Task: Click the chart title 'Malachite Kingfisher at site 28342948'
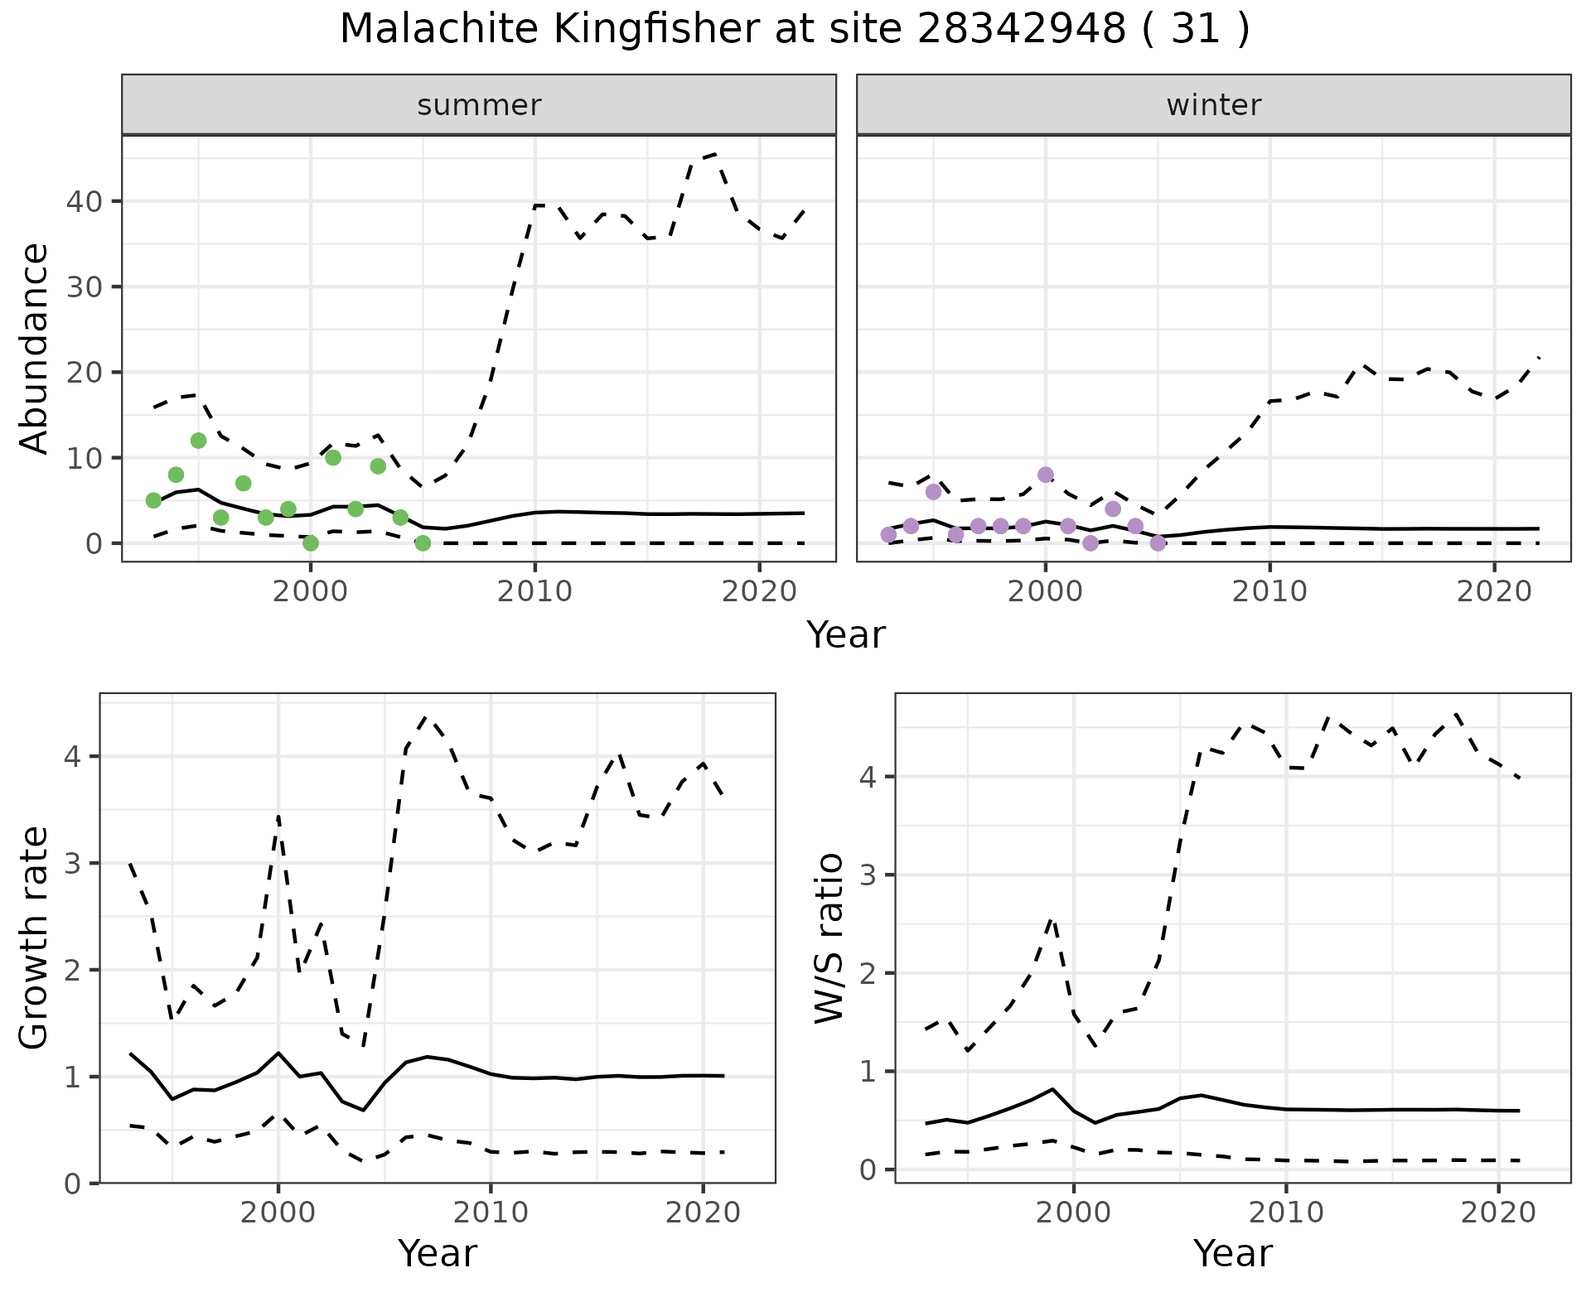tap(794, 30)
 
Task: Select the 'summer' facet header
tap(479, 105)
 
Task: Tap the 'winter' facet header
tap(1213, 105)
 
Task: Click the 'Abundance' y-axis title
tap(35, 348)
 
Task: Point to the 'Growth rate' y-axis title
tap(35, 938)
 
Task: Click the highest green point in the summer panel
tap(198, 441)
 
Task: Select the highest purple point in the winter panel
tap(1046, 475)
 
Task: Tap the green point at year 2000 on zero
tap(311, 543)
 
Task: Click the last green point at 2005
tap(423, 543)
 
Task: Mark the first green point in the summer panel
tap(153, 500)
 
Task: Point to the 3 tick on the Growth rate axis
tap(72, 864)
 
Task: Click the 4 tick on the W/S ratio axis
tap(868, 777)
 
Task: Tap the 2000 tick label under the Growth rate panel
tap(278, 1213)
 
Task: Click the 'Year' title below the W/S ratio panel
tap(1233, 1254)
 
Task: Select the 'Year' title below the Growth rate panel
tap(438, 1254)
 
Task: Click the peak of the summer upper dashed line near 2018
tap(715, 154)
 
